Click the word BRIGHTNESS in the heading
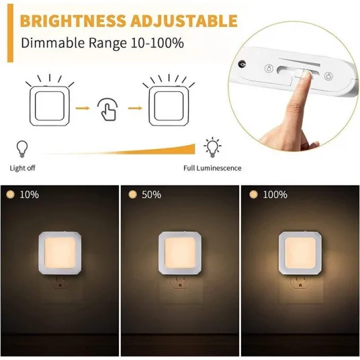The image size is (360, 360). (73, 21)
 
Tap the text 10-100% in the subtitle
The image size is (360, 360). (157, 43)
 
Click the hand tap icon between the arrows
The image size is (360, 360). (107, 109)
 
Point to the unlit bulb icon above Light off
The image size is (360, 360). (22, 149)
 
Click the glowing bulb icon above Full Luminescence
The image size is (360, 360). (213, 147)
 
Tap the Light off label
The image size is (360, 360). (23, 168)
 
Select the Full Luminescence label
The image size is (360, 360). (212, 168)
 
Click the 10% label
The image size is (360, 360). (30, 195)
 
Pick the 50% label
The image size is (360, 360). (152, 195)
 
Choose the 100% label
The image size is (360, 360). (275, 195)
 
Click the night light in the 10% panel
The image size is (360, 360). (60, 253)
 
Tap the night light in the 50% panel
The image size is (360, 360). (180, 253)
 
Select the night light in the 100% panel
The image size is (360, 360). (300, 253)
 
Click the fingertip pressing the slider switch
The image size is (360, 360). (305, 75)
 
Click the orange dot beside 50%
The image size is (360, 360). (132, 195)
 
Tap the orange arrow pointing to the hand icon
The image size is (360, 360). (83, 108)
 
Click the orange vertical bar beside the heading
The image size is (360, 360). (10, 33)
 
